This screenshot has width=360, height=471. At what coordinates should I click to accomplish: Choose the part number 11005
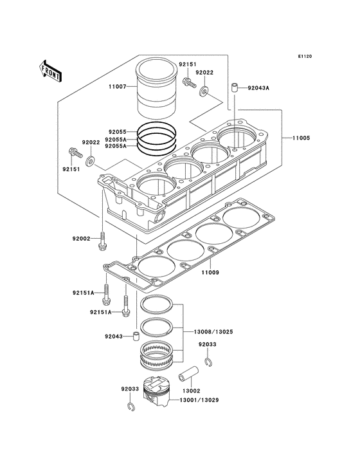302,138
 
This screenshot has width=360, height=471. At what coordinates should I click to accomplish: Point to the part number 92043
113,336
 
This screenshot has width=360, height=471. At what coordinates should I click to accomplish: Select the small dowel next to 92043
135,335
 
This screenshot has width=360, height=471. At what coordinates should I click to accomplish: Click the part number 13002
192,391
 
